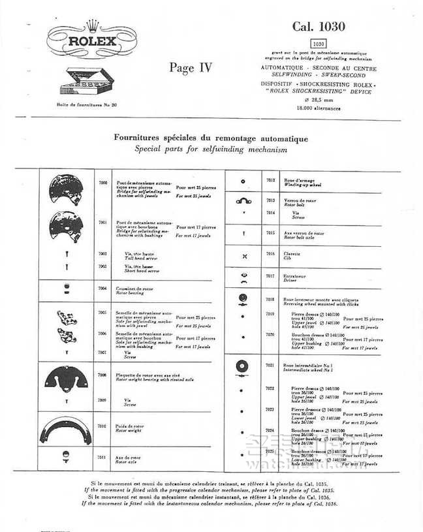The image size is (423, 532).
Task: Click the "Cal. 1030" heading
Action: tap(318, 26)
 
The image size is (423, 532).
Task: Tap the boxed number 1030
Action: tap(318, 43)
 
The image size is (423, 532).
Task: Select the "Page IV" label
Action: tap(191, 67)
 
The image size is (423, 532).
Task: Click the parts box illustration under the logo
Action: tap(84, 82)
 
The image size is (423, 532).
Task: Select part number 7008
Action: tap(102, 375)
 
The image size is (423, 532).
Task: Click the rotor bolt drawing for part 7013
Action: tap(243, 201)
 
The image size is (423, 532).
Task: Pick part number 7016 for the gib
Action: tap(271, 253)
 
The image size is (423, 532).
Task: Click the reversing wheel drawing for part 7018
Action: tap(243, 299)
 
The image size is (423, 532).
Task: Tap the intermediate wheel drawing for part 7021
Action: tap(243, 367)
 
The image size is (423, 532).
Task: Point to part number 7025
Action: tap(271, 450)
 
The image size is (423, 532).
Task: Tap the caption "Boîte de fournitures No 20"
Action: tap(87, 104)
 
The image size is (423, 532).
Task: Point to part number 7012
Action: tap(271, 179)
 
